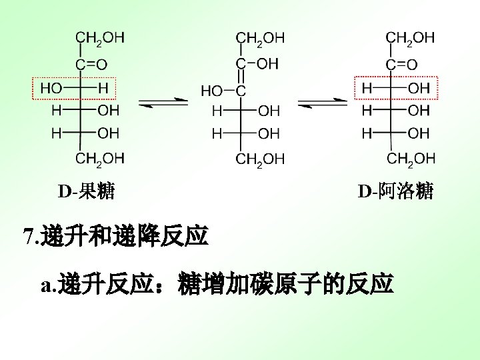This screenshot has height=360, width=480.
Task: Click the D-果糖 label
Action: [86, 193]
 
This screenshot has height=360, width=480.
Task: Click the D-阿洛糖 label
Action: [395, 192]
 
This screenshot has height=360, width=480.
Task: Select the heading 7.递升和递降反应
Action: [115, 236]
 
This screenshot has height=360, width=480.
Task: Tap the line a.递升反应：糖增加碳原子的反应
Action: [217, 285]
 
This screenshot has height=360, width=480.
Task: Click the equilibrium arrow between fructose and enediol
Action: [163, 102]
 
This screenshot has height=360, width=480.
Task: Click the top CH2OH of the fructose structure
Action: [99, 38]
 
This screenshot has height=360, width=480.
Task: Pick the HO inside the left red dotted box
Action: [51, 87]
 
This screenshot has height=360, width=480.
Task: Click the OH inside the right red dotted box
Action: [419, 88]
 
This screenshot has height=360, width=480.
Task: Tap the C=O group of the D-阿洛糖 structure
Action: [402, 65]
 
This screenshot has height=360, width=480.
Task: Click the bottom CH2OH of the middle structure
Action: [260, 159]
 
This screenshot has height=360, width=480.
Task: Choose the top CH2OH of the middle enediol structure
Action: [260, 38]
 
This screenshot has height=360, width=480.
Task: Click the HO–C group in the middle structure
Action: [223, 89]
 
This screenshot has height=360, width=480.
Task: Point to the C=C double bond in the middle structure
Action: [241, 77]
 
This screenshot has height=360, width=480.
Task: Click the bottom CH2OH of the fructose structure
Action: [99, 158]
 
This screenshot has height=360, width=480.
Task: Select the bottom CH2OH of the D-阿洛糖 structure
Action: [411, 158]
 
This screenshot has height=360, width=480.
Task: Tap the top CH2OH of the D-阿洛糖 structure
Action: [411, 38]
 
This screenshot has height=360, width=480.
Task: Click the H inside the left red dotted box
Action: [103, 87]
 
